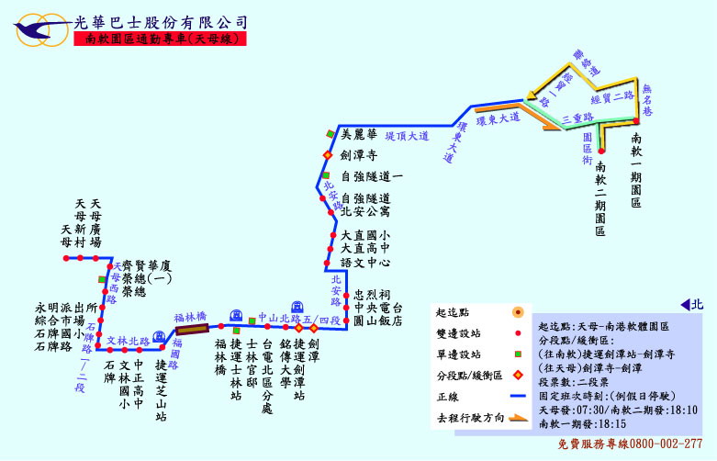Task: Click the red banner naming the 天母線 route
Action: [x=163, y=39]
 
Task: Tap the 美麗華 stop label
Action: [x=359, y=134]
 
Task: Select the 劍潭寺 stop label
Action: [x=359, y=155]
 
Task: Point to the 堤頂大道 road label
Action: [x=407, y=135]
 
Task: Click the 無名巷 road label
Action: [x=648, y=98]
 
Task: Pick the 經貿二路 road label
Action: [x=612, y=96]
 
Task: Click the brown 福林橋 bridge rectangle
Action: [x=193, y=328]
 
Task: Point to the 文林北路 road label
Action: [x=128, y=341]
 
